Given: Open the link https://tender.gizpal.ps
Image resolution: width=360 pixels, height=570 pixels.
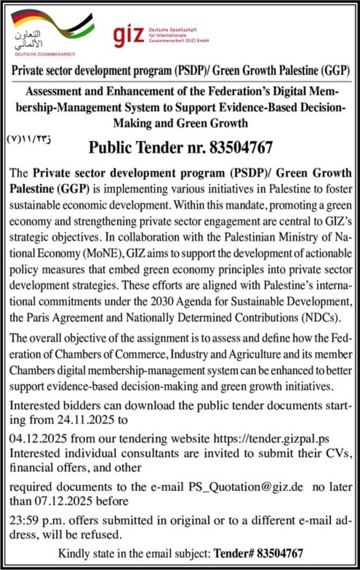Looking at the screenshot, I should coord(271,438).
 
